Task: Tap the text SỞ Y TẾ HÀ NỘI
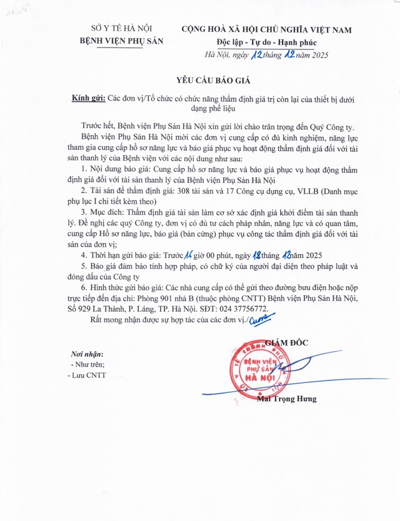pos(121,29)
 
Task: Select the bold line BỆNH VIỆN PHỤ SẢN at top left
pos(121,42)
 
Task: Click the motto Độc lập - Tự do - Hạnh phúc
pos(263,42)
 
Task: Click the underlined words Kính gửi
pos(89,98)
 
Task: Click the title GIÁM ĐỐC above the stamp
pos(287,342)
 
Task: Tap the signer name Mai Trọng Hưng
pos(287,398)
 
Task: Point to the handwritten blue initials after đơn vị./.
pos(259,320)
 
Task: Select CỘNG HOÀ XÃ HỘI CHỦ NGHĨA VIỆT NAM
pos(266,29)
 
